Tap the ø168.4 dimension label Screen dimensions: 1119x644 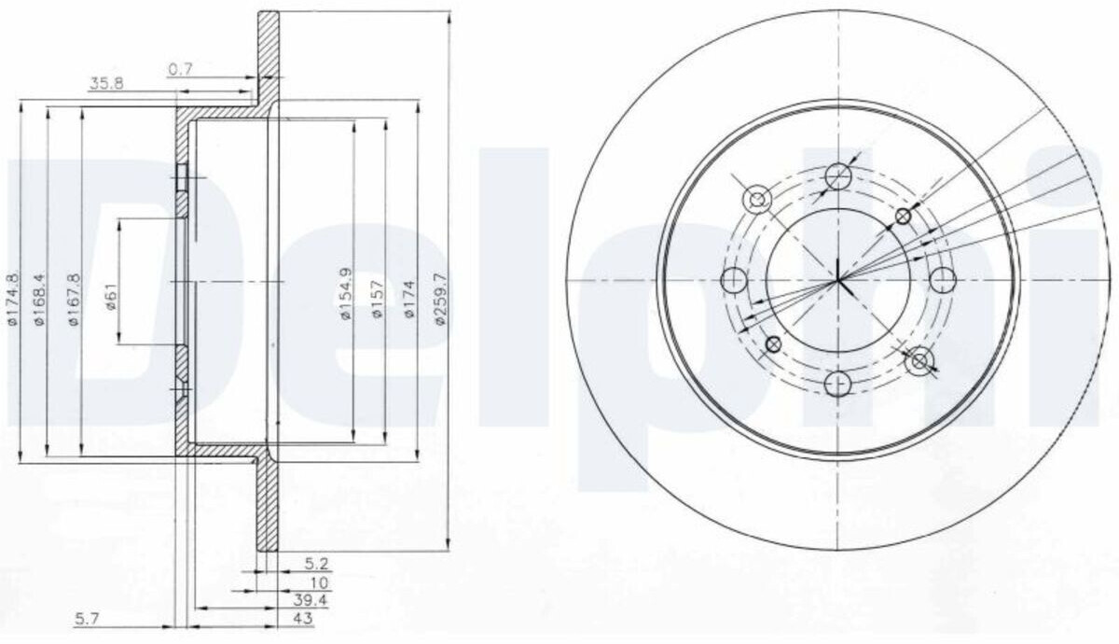39,299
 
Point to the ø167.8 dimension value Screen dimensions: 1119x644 74,299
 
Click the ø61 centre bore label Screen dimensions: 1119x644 112,297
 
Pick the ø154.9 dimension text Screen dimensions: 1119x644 346,294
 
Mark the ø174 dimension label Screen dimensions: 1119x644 409,299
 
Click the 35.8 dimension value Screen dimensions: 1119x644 106,83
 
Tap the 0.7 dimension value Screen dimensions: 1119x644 180,69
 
